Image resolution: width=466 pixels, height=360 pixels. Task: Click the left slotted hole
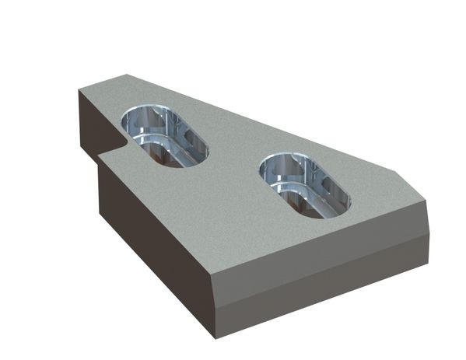tap(163, 137)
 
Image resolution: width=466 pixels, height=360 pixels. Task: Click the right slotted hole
tap(304, 184)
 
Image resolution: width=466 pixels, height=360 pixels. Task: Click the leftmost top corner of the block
tap(79, 90)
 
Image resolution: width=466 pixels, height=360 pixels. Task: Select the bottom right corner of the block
tap(429, 265)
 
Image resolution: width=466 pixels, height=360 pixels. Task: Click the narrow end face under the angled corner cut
tap(427, 225)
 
